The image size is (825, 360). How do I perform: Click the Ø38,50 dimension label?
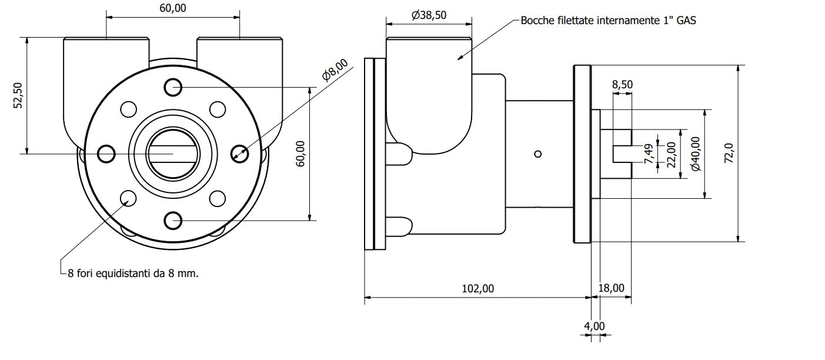click(429, 15)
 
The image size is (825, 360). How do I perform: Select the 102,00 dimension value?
click(477, 288)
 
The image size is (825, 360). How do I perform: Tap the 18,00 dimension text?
click(611, 288)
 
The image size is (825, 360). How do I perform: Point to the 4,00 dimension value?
click(594, 326)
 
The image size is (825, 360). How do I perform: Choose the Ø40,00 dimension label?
click(696, 154)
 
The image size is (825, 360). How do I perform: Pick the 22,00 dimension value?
click(672, 155)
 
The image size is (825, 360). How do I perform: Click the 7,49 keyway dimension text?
click(649, 154)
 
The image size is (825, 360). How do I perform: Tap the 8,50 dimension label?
click(623, 84)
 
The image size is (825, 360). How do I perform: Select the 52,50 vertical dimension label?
click(18, 95)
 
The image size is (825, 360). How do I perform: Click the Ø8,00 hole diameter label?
click(335, 69)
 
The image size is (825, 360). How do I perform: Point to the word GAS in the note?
click(686, 20)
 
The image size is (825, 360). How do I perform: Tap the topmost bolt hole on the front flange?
click(173, 87)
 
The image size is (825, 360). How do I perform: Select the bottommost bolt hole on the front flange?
click(173, 221)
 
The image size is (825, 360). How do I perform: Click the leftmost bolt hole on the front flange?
click(106, 154)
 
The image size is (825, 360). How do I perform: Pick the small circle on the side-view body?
click(537, 154)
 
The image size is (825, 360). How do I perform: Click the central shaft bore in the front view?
click(173, 154)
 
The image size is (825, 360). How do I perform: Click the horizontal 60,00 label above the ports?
click(173, 8)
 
